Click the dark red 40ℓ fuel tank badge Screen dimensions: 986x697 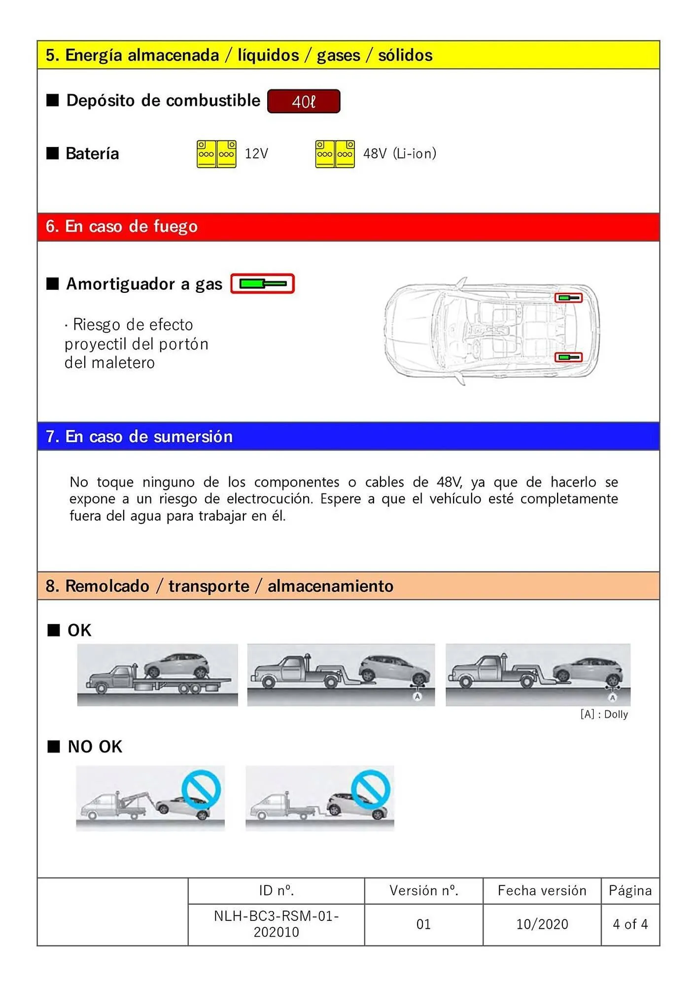304,102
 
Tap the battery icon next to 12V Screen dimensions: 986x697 216,154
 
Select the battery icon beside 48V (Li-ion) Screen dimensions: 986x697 335,154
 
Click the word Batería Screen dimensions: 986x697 92,154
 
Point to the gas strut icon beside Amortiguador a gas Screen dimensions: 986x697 262,283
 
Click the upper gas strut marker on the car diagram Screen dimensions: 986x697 568,298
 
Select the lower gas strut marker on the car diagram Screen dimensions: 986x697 568,357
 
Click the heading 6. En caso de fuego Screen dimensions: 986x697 122,226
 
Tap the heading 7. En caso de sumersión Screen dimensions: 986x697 139,437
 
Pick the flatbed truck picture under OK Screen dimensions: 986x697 157,674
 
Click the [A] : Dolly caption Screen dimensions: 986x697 604,714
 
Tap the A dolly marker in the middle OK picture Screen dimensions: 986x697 417,696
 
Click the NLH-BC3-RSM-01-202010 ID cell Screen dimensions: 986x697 276,924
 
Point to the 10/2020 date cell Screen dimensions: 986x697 542,924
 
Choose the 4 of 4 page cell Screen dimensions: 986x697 630,924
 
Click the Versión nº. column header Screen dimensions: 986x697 423,890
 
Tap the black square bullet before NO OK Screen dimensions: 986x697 53,746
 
